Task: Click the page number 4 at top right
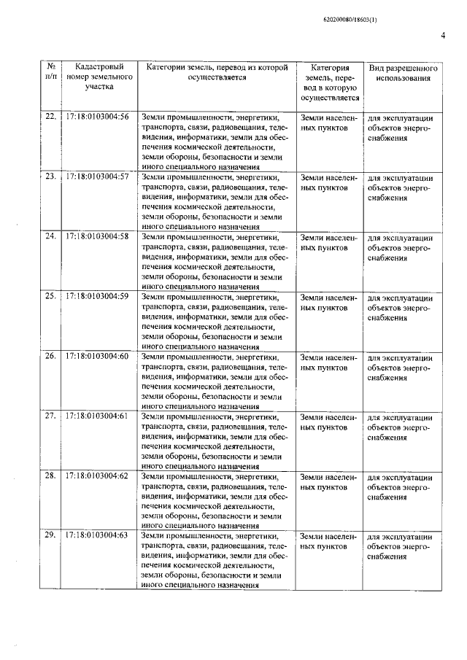[442, 35]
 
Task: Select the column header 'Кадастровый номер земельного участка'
[99, 76]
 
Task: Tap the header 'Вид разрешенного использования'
[397, 71]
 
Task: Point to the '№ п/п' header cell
[50, 71]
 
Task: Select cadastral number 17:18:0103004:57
[97, 177]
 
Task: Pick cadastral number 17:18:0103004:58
[97, 237]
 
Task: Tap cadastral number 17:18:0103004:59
[97, 296]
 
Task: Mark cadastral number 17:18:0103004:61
[97, 416]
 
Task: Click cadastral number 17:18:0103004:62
[97, 475]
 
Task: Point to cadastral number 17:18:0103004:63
[97, 535]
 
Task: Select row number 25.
[50, 296]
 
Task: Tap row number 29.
[50, 535]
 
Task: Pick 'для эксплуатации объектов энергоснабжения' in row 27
[397, 426]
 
